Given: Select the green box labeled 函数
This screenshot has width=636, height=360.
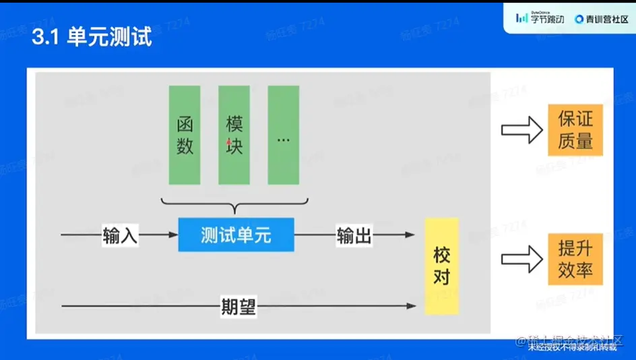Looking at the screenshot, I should (185, 135).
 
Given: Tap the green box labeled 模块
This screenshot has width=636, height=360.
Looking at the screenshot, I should (234, 135).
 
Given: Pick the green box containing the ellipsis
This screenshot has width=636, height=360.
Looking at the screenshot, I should (283, 135).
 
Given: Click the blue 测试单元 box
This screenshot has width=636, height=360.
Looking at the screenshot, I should (236, 235).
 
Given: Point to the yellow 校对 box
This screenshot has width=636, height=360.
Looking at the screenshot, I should (441, 266).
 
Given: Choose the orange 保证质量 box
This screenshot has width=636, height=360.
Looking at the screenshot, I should (575, 130).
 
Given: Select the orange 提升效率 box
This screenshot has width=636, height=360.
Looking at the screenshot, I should (575, 259).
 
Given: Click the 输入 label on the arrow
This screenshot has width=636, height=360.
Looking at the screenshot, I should (120, 235).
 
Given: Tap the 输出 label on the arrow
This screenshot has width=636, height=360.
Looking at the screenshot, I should (354, 235).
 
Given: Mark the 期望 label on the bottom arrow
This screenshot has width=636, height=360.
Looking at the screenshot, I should (238, 307).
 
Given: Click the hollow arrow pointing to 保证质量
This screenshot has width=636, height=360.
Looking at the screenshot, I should (521, 129).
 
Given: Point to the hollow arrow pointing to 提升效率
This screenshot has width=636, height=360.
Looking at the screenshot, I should (521, 259).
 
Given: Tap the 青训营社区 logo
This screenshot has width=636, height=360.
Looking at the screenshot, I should (601, 19).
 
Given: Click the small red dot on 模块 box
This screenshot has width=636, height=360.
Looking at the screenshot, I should (229, 142).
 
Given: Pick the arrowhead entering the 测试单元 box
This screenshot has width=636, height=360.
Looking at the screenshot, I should (172, 235).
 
